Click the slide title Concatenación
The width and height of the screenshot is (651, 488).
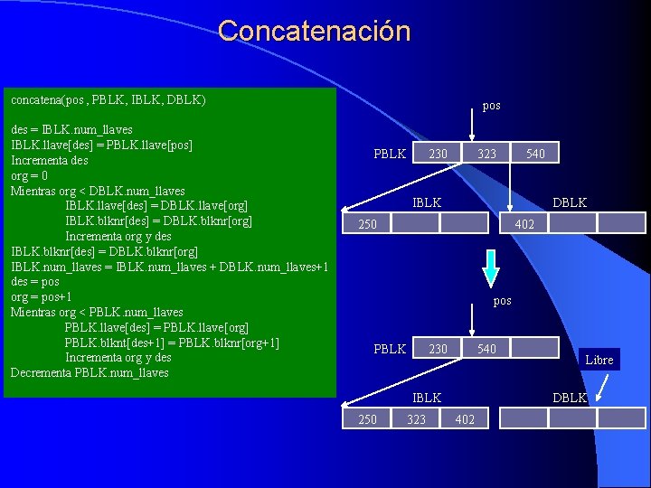314,31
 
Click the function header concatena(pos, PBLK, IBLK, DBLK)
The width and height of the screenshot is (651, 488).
108,99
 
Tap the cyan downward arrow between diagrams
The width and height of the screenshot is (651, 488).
490,267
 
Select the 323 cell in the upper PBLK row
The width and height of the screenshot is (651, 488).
486,154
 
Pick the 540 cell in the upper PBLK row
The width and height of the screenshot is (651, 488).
535,154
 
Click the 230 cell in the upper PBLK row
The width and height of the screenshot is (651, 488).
438,154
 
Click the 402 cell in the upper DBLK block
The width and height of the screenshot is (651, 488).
524,223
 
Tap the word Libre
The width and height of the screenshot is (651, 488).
599,360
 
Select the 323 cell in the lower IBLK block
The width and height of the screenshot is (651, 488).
416,418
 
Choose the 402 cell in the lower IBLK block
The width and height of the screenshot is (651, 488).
465,418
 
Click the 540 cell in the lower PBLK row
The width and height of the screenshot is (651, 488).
486,349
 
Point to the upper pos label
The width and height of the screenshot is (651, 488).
491,106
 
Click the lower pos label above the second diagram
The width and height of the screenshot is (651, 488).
502,300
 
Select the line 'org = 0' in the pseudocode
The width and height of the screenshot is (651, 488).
30,175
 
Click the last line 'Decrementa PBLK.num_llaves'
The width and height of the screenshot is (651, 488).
90,372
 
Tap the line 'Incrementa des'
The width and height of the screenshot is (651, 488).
49,160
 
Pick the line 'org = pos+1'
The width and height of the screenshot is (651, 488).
41,296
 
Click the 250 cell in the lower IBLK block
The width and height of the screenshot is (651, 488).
368,418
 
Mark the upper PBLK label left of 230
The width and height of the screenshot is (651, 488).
390,154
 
